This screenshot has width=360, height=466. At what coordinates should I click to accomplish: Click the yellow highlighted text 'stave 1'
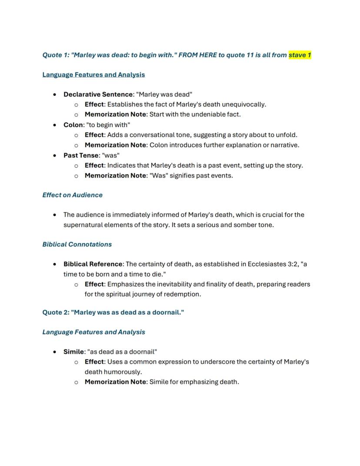[x=300, y=55]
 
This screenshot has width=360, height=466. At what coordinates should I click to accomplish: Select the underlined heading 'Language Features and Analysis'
[x=93, y=74]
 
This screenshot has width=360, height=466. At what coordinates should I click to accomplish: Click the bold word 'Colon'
[x=73, y=125]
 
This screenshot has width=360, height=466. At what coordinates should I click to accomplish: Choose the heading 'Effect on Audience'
[x=72, y=195]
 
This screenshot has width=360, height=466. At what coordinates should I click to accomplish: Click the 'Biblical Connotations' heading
[x=77, y=244]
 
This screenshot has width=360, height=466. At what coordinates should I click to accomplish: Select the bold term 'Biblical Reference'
[x=93, y=264]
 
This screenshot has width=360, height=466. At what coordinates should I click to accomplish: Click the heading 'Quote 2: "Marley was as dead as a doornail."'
[x=113, y=312]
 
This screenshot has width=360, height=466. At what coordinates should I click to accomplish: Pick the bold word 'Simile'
[x=73, y=352]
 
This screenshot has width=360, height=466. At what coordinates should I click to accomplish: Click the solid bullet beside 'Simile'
[x=54, y=352]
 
